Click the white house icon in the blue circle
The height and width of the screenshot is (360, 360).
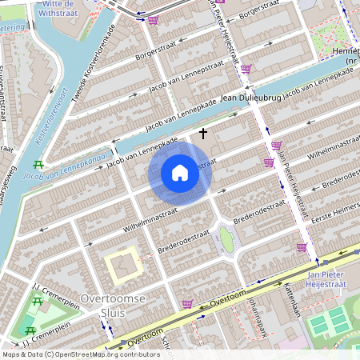180,173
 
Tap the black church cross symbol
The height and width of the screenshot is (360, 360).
203,133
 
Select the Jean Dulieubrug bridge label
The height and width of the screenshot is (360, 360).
248,98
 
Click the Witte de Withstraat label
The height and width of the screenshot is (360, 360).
62,8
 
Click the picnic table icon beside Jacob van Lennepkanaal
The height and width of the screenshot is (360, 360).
38,166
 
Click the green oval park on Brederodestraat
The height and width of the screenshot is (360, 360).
227,239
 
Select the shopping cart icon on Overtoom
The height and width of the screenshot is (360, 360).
187,304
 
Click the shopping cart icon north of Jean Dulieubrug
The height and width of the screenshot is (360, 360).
246,70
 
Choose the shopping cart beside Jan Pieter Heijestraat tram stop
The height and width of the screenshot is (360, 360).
302,248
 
